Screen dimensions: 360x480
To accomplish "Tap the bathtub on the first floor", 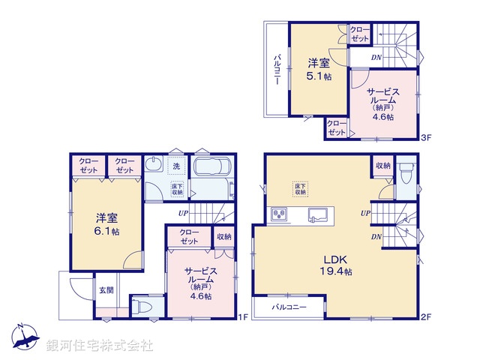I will tap(214, 178).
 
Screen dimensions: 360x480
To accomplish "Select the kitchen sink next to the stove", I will tap(317, 215).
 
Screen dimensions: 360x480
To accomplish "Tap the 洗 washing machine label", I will tap(175, 166).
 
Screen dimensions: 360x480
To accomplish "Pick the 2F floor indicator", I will tap(425, 317).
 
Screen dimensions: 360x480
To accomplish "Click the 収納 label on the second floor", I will tap(382, 165).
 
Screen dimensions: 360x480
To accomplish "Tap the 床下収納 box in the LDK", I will tap(301, 188).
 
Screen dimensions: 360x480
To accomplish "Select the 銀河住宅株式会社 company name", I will tap(100, 345).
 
